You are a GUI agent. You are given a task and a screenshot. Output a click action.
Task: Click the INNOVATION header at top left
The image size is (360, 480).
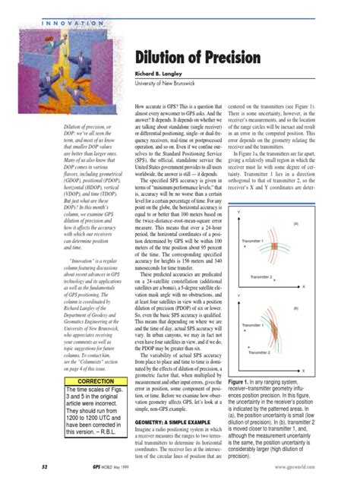(71, 24)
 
